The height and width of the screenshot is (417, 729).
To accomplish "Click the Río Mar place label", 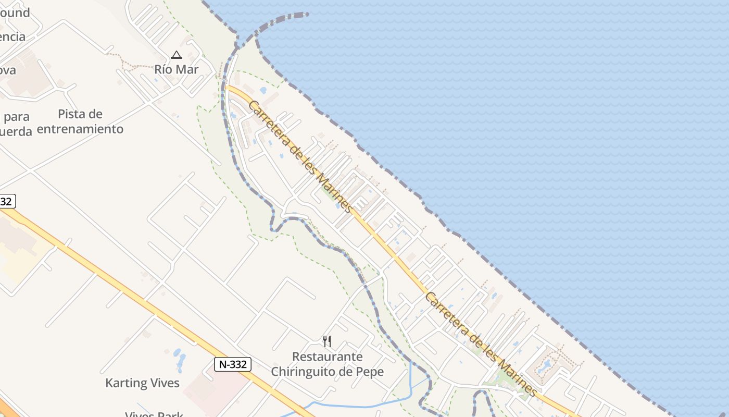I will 177,69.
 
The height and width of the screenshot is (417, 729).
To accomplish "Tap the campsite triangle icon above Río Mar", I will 177,55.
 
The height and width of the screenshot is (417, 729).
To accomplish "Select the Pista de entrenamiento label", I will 80,121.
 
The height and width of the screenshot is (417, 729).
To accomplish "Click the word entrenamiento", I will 80,129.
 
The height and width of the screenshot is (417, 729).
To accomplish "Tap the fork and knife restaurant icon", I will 327,341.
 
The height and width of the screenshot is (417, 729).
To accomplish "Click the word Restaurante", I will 327,357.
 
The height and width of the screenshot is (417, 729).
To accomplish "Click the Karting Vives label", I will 142,383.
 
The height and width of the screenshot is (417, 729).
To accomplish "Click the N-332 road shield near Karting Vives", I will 233,364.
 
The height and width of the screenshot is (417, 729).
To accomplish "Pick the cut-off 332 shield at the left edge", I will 7,201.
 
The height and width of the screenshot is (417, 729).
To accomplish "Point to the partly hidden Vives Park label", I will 154,414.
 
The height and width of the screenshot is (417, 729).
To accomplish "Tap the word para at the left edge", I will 16,116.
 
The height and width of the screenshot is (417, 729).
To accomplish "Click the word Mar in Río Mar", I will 190,69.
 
